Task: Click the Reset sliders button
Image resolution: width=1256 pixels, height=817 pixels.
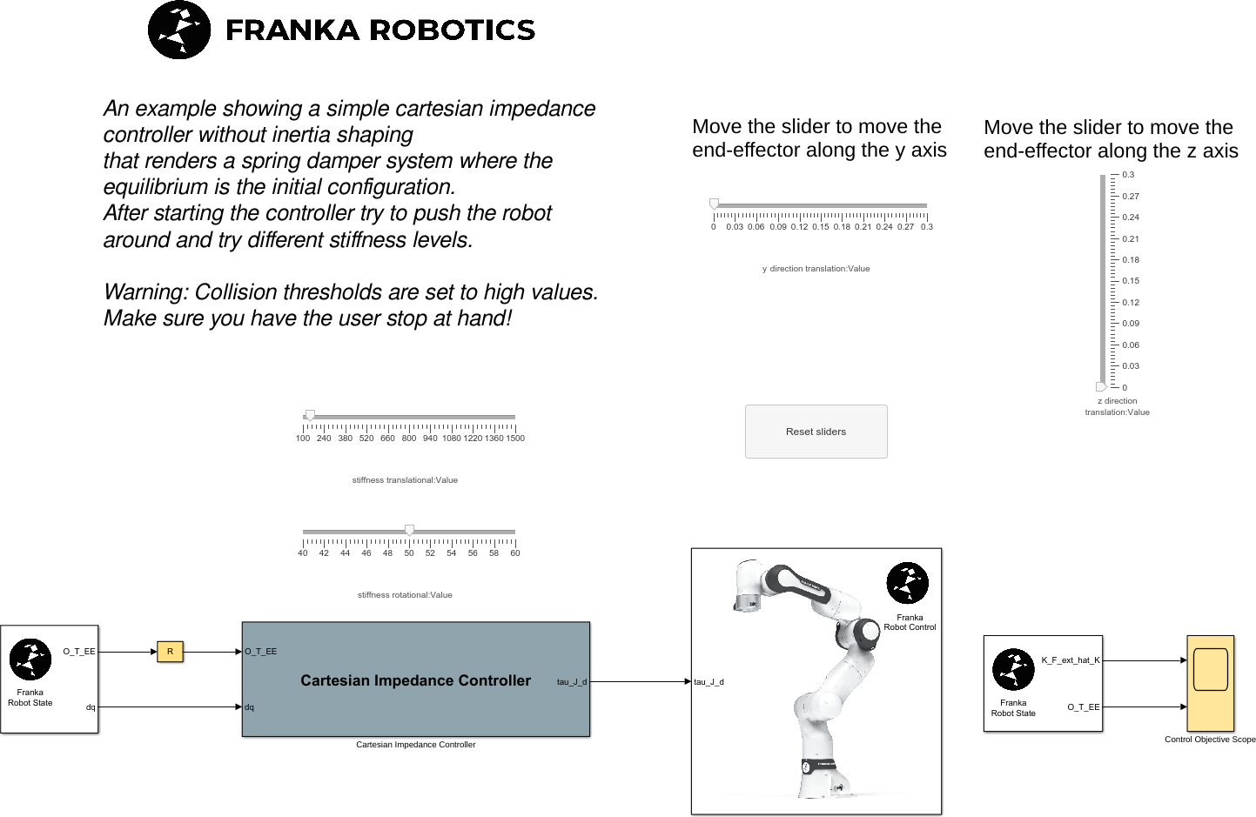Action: click(816, 432)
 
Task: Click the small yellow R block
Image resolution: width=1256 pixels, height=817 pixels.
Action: click(170, 652)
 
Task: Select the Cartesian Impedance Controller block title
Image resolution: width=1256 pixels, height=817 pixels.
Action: click(415, 680)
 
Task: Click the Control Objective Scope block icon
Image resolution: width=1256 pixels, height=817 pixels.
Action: click(1210, 683)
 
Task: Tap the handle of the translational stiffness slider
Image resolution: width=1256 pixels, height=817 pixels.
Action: click(310, 416)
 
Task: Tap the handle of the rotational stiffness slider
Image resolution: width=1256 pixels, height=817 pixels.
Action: click(409, 531)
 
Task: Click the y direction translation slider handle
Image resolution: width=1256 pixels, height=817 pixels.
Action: click(715, 204)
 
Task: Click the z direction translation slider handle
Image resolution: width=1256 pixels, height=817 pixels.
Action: click(1101, 387)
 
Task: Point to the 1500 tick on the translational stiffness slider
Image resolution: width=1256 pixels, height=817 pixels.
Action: click(515, 439)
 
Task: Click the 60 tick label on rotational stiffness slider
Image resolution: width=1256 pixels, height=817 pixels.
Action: click(515, 553)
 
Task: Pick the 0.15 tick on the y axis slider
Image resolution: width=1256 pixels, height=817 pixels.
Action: click(821, 227)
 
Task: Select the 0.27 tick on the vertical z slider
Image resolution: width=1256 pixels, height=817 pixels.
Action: click(1130, 197)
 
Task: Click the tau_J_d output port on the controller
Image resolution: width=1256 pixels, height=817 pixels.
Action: click(572, 682)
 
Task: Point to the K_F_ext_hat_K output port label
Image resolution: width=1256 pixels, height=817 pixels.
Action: click(1071, 660)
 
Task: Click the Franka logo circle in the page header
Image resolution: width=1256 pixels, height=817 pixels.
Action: click(179, 30)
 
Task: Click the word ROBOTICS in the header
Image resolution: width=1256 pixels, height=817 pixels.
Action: click(453, 30)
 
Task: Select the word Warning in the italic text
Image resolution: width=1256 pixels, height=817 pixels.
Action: click(144, 292)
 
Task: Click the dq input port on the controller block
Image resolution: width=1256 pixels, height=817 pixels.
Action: click(249, 707)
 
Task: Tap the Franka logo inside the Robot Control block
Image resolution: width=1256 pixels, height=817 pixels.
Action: click(907, 583)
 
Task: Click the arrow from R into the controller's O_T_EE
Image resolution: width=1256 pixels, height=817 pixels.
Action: click(212, 652)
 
